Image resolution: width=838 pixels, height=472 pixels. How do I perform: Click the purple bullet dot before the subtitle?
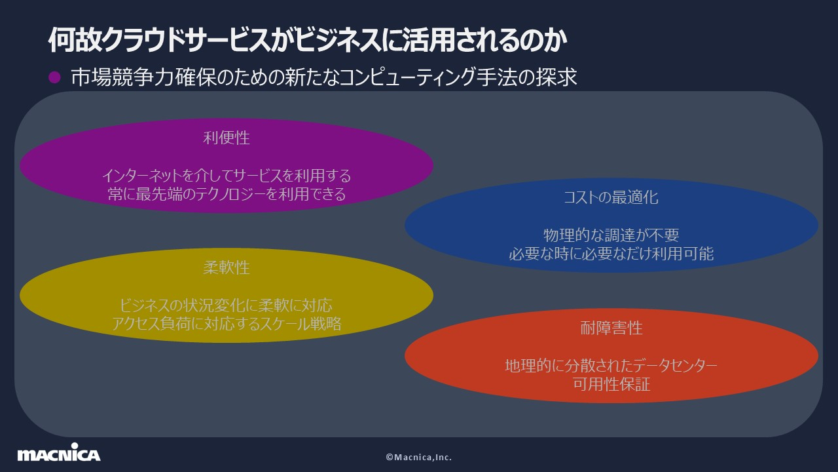(x=55, y=77)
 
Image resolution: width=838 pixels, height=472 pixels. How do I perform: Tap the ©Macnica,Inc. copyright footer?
(x=418, y=457)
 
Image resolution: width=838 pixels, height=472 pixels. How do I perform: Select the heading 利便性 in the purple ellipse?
(x=227, y=138)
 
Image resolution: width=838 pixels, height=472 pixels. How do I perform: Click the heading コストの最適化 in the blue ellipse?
(x=611, y=197)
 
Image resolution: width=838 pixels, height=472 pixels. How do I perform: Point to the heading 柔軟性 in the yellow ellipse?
(x=227, y=268)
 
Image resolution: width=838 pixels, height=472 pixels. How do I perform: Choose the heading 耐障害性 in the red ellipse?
(x=611, y=328)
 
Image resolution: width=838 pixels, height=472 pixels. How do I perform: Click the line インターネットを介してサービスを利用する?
(x=227, y=176)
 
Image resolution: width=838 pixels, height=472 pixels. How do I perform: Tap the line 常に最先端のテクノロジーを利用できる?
(x=227, y=194)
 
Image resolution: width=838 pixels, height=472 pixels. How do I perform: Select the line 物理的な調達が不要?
(x=611, y=235)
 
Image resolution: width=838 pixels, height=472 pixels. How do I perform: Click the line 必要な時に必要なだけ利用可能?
(x=611, y=253)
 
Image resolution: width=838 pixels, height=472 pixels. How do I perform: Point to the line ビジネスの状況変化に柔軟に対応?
(x=227, y=305)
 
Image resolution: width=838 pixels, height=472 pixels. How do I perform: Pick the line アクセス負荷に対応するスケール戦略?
(x=227, y=324)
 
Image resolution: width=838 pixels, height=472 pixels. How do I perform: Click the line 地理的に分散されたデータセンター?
(x=611, y=365)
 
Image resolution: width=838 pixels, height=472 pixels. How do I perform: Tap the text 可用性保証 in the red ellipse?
(x=611, y=383)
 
